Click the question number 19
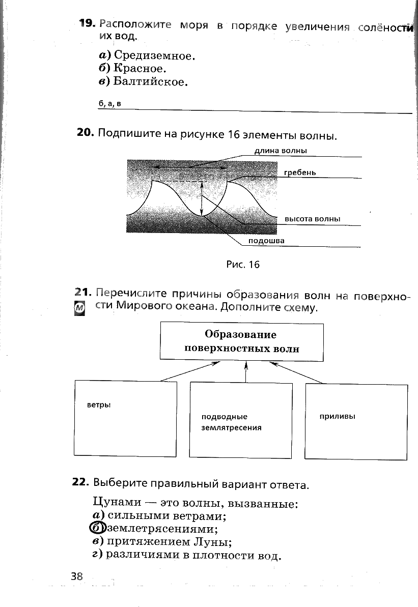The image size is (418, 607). point(87,23)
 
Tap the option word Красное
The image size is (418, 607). point(141,68)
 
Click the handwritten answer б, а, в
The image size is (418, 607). point(110,104)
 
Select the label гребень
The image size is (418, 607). point(300,172)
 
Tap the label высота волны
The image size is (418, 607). point(312,219)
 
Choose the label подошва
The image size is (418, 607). point(266,241)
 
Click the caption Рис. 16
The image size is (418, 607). point(242,265)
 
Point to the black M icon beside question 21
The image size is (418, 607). point(79,308)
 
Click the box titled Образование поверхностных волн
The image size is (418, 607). point(242,341)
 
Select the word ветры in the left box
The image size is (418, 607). point(99,405)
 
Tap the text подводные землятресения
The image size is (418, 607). point(232,422)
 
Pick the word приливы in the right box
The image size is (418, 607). point(337,416)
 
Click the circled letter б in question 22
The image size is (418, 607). point(96,528)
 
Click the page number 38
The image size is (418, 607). point(77,576)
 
